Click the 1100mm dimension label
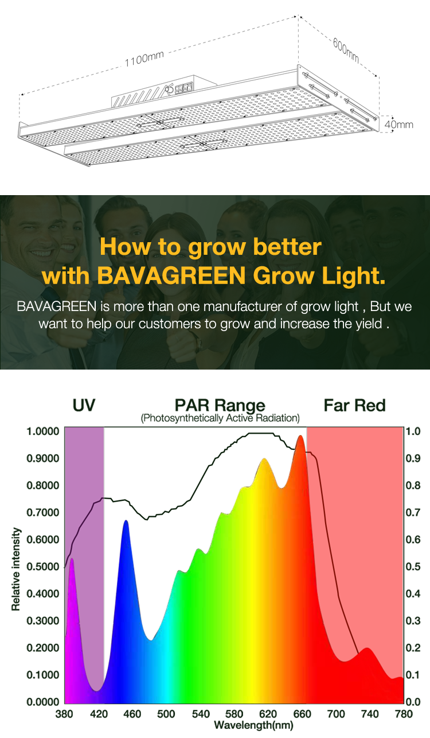point(144,59)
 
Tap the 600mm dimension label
point(346,50)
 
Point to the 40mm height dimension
point(398,125)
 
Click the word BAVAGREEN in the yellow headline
point(171,275)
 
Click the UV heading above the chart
point(84,405)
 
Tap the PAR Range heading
point(220,406)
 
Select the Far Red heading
point(354,405)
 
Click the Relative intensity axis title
point(16,569)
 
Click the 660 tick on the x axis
point(302,714)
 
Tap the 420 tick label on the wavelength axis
point(99,714)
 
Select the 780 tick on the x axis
point(404,714)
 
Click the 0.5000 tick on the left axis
point(43,566)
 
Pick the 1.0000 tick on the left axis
point(43,432)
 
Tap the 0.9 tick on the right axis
point(413,459)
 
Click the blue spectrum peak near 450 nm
point(126,521)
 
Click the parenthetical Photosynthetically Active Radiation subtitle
point(220,418)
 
